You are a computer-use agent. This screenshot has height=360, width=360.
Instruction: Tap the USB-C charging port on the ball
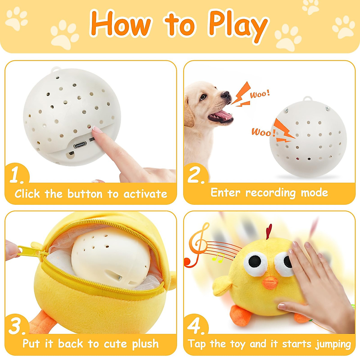point(80,145)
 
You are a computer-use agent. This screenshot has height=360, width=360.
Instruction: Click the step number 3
point(17,326)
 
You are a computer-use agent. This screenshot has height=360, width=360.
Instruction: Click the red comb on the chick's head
point(269,231)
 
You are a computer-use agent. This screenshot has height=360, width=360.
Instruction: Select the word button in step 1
point(85,194)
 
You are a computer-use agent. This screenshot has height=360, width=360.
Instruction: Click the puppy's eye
point(203,97)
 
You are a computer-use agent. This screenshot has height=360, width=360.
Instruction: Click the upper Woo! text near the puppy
point(260,94)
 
